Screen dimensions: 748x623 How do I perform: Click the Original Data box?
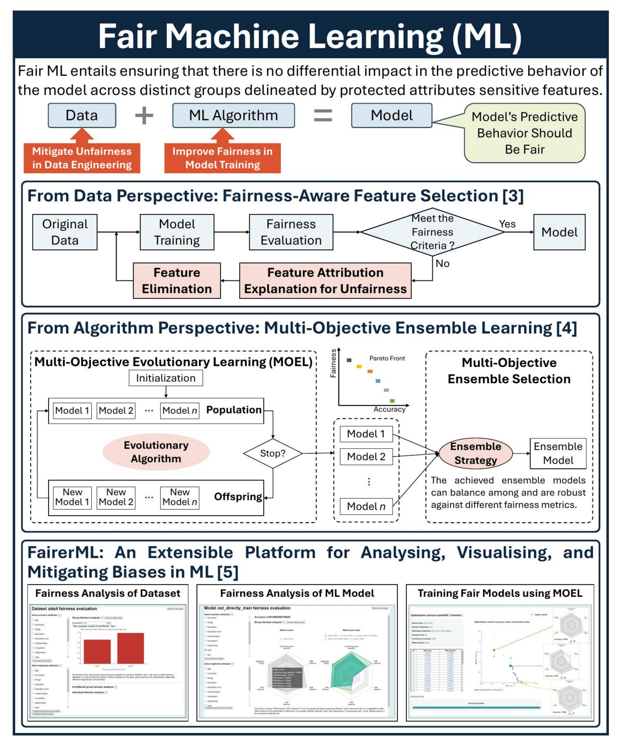coord(65,232)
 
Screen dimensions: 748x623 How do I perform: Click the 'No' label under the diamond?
coord(443,264)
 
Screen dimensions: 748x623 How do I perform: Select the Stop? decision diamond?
coord(273,453)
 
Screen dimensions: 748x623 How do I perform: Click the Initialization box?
coord(166,378)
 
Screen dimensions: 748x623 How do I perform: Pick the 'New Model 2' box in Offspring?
coord(116,497)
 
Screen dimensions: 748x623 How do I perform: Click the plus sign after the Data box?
coord(144,116)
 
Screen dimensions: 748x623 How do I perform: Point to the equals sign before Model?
coord(323,116)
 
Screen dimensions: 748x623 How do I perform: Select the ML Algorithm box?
coord(234,115)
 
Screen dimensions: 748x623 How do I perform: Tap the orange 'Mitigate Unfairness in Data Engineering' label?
coord(82,158)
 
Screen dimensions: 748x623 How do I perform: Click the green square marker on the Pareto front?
coord(392,401)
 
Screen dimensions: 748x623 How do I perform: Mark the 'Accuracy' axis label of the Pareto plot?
coord(389,409)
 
